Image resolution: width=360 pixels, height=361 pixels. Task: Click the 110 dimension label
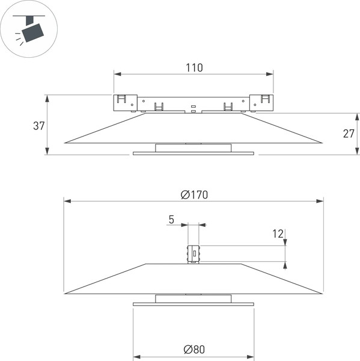coord(194,67)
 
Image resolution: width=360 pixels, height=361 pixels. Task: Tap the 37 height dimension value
coord(38,126)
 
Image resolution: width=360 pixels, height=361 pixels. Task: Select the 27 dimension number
coord(349,134)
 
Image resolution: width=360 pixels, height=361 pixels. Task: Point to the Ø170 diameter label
coord(194,195)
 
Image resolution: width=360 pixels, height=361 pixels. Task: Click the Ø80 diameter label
coord(194,349)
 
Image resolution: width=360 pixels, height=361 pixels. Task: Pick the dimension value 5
coord(171,220)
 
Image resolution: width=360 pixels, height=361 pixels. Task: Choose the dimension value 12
coord(278,233)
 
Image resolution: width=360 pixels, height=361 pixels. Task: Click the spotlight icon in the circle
coord(29,29)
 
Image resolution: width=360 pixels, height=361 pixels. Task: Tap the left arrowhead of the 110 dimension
coord(118,74)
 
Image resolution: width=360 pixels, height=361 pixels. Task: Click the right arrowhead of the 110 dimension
coord(270,74)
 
